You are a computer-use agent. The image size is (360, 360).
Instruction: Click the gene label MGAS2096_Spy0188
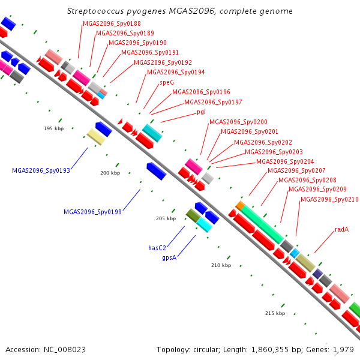coord(112,23)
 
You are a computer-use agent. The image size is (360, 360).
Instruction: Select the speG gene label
coord(167,82)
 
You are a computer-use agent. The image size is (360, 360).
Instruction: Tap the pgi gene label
coord(202,112)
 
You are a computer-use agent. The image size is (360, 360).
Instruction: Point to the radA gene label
coord(342,229)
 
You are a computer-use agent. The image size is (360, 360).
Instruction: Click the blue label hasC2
coord(157,248)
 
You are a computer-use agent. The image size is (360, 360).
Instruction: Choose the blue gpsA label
coord(169,258)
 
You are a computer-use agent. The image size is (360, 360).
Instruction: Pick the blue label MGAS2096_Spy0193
coord(41,170)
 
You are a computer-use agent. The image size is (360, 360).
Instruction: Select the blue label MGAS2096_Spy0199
coord(92,212)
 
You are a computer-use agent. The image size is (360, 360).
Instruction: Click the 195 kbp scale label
coord(54,128)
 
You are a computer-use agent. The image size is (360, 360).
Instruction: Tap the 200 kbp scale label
coord(110,173)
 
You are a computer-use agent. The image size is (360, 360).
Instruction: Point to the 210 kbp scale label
coord(221,265)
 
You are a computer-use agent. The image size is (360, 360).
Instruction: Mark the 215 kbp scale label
coord(275,313)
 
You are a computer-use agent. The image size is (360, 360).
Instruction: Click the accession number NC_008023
coord(65,350)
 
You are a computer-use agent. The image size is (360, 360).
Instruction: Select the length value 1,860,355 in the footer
coord(270,350)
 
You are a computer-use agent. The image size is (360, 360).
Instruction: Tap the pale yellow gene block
coord(96,137)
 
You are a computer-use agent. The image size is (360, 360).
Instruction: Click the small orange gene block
coord(240,205)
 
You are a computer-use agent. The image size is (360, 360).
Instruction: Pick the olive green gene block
coord(193,215)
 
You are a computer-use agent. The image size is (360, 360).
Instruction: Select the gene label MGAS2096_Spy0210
coord(329,200)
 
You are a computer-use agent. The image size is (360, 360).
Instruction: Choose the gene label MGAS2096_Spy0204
coord(285,161)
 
